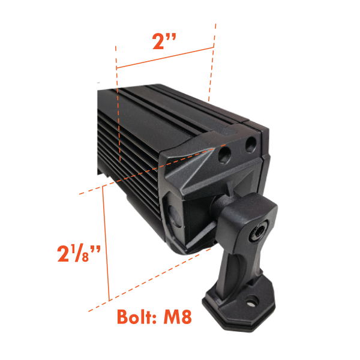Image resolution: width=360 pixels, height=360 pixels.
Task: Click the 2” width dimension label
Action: [164, 41]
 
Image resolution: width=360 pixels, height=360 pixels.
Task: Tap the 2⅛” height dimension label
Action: [79, 253]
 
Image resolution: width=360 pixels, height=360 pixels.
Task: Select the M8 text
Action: [178, 317]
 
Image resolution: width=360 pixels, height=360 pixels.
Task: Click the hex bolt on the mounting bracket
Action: [259, 232]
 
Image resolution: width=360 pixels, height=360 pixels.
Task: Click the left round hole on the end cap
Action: [224, 154]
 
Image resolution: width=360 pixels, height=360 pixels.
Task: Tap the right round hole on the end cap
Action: [251, 144]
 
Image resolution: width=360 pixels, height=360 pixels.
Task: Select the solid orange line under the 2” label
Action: [165, 58]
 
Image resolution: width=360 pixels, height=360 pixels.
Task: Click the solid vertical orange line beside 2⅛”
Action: [106, 243]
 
